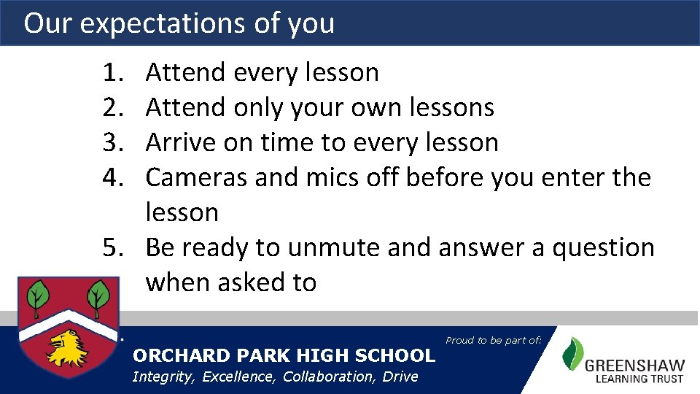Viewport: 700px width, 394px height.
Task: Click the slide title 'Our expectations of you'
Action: pos(179,23)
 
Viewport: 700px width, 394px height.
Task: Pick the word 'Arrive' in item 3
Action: pos(182,143)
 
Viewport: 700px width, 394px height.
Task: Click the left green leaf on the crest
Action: pos(38,296)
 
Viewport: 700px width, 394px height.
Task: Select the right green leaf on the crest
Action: pos(97,296)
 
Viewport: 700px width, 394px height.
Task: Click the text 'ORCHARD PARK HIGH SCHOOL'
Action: pos(283,356)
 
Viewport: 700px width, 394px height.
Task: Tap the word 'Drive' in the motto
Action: pos(402,376)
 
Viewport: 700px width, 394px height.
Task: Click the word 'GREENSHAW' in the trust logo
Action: pos(634,364)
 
